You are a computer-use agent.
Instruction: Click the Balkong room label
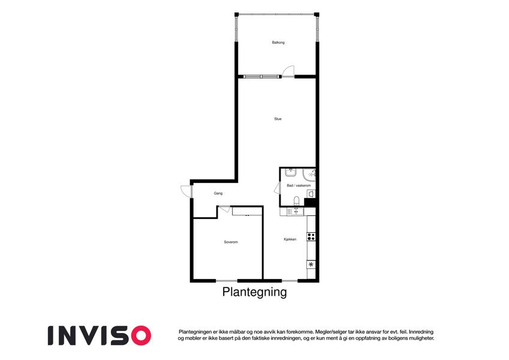pos(278,43)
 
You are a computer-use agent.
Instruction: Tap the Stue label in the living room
pos(278,119)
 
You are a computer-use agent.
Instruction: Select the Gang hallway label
pos(218,193)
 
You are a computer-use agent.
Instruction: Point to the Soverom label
pos(231,242)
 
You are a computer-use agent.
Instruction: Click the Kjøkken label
pos(290,239)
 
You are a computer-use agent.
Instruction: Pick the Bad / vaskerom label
pos(299,185)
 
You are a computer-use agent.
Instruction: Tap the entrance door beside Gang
pos(186,191)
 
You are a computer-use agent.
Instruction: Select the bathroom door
pos(278,188)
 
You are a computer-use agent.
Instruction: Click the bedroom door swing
pos(224,209)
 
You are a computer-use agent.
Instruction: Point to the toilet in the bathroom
pos(296,201)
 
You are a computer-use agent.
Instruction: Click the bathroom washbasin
pos(290,172)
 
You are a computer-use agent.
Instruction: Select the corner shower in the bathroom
pos(309,174)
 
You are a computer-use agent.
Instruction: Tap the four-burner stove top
pos(311,236)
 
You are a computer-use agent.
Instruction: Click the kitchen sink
pos(296,212)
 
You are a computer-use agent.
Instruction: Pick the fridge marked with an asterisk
pos(311,265)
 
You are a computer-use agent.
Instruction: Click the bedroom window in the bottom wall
pos(227,280)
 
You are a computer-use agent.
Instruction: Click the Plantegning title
pos(254,292)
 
